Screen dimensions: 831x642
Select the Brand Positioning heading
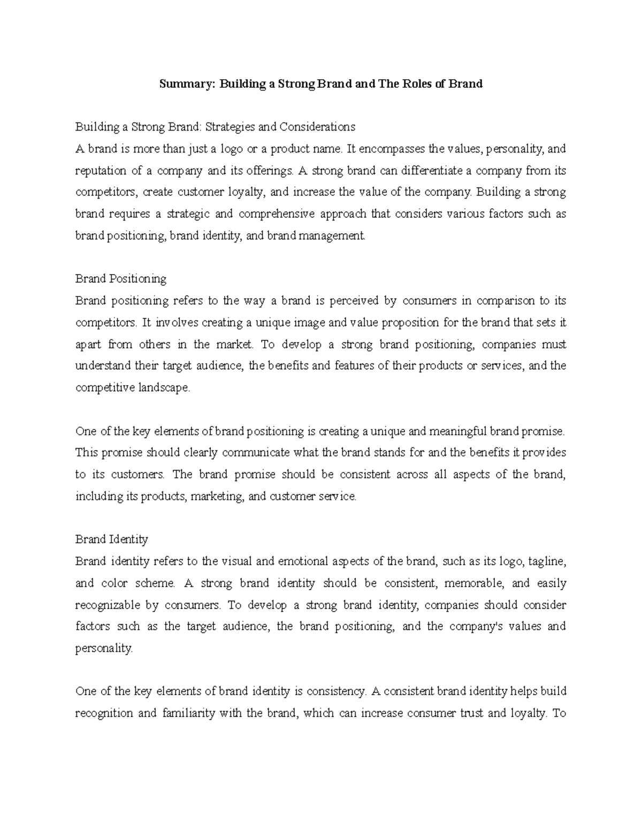click(x=121, y=279)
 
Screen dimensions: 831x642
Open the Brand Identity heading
click(x=112, y=539)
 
